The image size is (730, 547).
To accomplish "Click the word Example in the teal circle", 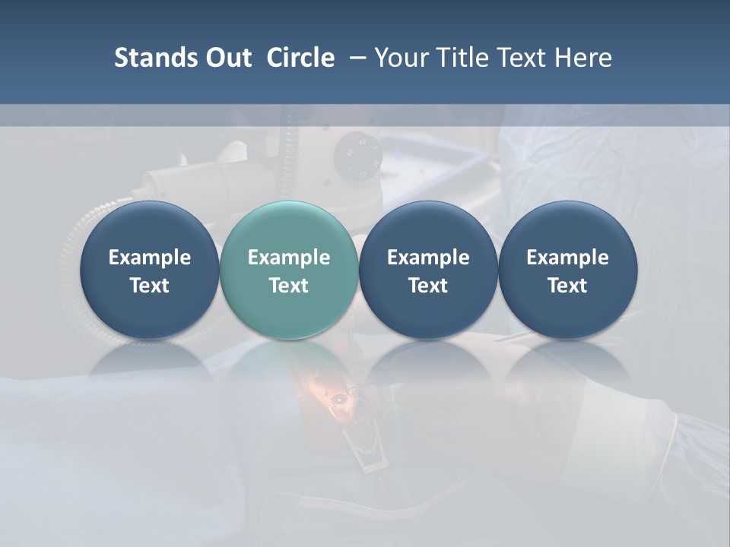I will (x=289, y=258).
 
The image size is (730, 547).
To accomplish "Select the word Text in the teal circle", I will (x=289, y=286).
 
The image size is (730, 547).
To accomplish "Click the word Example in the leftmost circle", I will (x=150, y=258).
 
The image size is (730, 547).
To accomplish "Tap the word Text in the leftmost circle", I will (x=150, y=286).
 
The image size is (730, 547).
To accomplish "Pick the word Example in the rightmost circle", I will (x=567, y=258).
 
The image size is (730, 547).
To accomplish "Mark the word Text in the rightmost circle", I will (x=567, y=286).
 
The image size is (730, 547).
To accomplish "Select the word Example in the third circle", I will (x=428, y=258).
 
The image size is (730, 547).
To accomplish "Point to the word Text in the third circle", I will (x=428, y=286).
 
